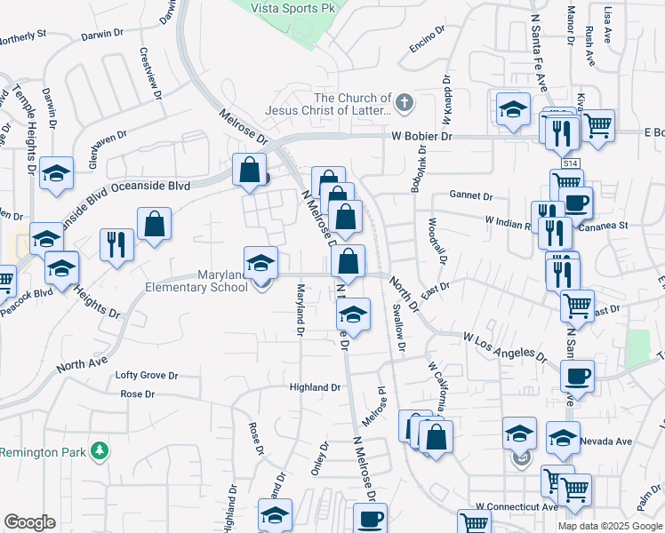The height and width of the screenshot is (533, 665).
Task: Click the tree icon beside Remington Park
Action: (x=100, y=451)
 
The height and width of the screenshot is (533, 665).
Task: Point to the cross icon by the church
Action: (x=405, y=103)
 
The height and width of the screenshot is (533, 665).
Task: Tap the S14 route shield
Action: (x=570, y=163)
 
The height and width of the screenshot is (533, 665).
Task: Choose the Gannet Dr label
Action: (x=471, y=195)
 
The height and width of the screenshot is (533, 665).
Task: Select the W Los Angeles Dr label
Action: (x=504, y=346)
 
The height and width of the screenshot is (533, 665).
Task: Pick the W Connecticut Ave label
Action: (x=517, y=506)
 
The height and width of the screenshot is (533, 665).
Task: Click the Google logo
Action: (x=30, y=522)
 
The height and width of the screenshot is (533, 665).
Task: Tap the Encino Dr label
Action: (x=427, y=40)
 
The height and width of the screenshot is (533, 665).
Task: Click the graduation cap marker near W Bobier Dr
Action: (x=513, y=110)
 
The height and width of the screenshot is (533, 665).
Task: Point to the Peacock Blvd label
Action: (x=27, y=291)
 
